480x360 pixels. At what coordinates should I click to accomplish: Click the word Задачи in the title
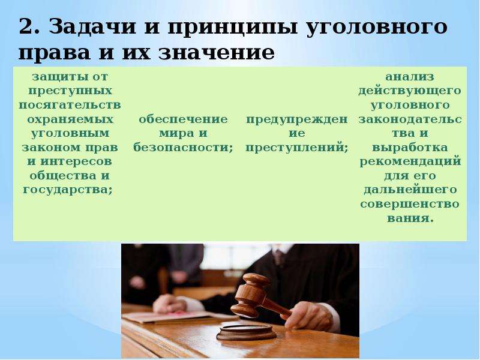coord(92,26)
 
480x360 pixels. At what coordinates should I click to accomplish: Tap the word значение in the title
coord(217,53)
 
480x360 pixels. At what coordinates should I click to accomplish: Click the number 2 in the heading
coord(28,26)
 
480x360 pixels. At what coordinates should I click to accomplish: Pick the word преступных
coord(70,91)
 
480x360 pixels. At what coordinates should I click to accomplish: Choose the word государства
coord(67,190)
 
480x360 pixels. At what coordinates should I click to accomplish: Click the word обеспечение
coord(183,119)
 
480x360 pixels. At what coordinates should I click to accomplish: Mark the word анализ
coord(410,77)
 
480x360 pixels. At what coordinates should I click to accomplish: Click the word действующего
coord(410,91)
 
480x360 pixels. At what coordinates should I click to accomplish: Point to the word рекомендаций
coord(410,161)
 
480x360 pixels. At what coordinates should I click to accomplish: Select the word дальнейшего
coord(410,190)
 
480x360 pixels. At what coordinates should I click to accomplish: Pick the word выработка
coord(410,148)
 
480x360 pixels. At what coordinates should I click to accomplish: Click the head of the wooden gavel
coord(250,295)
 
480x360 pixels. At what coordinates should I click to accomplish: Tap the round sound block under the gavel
coord(246,332)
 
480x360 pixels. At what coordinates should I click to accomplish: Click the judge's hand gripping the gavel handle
coord(308,316)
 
